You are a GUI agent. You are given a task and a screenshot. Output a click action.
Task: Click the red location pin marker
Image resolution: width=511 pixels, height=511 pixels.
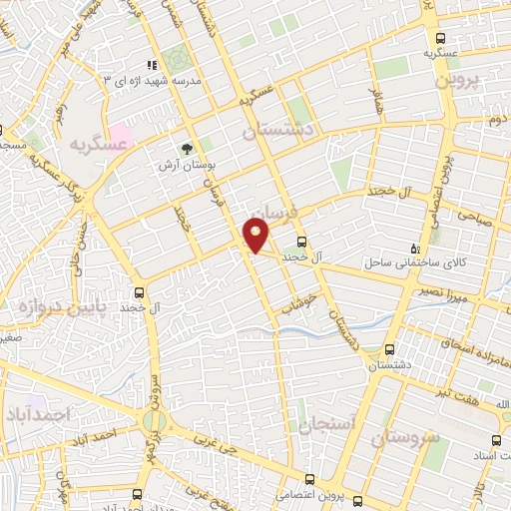pyautogui.click(x=256, y=235)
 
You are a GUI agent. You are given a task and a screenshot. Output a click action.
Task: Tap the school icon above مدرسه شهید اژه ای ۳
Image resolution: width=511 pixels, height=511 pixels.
pyautogui.click(x=152, y=65)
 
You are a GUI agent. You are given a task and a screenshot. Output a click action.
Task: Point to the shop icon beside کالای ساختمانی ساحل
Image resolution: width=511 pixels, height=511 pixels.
pyautogui.click(x=415, y=248)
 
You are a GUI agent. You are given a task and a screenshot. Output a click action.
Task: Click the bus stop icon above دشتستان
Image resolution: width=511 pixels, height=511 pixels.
pyautogui.click(x=388, y=350)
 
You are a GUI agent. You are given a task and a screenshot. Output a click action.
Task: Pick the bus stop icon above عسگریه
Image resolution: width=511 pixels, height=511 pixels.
pyautogui.click(x=431, y=36)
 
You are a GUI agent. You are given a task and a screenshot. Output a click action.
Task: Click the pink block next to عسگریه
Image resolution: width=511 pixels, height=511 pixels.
pyautogui.click(x=120, y=134)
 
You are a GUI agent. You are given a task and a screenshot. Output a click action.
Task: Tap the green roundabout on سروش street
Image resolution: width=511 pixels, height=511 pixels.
pyautogui.click(x=152, y=423)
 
